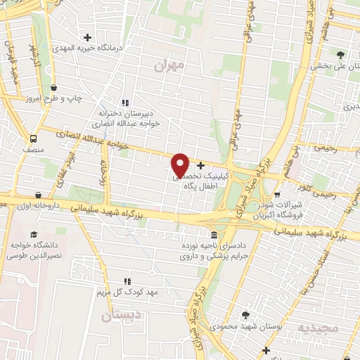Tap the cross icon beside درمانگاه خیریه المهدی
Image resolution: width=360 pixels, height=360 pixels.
(x=87, y=37)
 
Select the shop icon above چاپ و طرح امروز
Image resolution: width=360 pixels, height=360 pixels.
(x=54, y=87)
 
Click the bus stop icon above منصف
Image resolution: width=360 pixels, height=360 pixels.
(x=34, y=139)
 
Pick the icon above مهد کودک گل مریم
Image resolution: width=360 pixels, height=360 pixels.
(x=127, y=281)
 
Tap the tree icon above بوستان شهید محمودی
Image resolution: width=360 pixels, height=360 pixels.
(x=245, y=315)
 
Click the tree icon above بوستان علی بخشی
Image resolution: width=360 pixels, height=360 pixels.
(x=341, y=55)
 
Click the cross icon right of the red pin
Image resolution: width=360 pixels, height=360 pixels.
(x=202, y=165)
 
